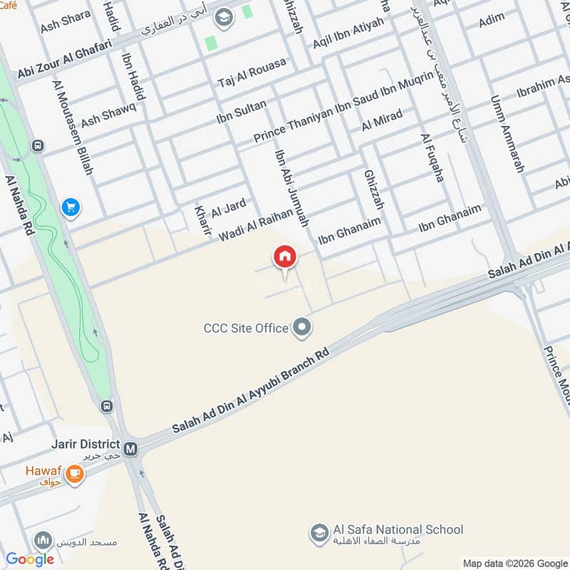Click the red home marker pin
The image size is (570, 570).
pyautogui.click(x=284, y=257)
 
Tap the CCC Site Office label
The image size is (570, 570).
pyautogui.click(x=246, y=328)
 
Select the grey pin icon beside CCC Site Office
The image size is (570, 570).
pyautogui.click(x=303, y=328)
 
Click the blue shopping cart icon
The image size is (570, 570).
pyautogui.click(x=70, y=207)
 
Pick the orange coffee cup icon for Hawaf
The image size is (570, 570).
pyautogui.click(x=74, y=472)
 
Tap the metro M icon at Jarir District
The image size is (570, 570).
pyautogui.click(x=130, y=449)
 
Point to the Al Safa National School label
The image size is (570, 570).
pyautogui.click(x=398, y=530)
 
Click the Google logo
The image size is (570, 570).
pyautogui.click(x=30, y=559)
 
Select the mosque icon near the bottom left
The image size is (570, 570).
pyautogui.click(x=44, y=539)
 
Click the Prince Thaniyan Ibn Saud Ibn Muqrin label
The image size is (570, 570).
pyautogui.click(x=343, y=105)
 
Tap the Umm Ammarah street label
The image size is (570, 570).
pyautogui.click(x=507, y=135)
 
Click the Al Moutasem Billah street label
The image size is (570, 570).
pyautogui.click(x=73, y=127)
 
